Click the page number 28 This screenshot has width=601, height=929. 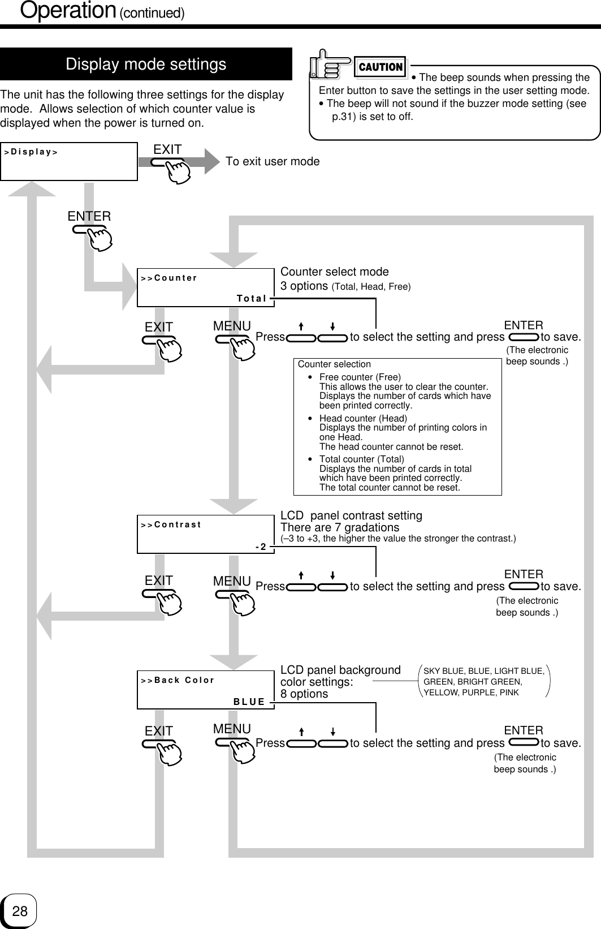tap(20, 911)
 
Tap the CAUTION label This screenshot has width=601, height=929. tap(381, 67)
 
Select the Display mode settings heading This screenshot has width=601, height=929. tap(146, 64)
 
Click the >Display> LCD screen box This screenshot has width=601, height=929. tap(68, 161)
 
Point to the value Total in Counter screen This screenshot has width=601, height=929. tap(252, 298)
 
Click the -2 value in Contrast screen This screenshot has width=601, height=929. tap(261, 547)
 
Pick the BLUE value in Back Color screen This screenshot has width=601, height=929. tap(249, 702)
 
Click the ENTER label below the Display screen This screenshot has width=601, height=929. tap(89, 216)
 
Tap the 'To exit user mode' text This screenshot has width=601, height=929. tap(273, 162)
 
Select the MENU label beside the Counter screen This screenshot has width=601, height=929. tap(232, 326)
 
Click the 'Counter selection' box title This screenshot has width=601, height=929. tap(334, 364)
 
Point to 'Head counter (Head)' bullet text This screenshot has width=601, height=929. tap(363, 419)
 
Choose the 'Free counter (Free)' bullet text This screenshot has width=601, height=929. tap(360, 377)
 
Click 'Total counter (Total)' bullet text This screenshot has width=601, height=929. tap(362, 459)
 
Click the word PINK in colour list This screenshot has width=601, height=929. tap(508, 692)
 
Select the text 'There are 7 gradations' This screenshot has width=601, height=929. tap(340, 527)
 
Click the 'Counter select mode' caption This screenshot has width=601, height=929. tap(335, 272)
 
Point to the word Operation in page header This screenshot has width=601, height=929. tap(68, 11)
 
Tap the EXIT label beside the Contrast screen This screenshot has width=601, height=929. tap(159, 580)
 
